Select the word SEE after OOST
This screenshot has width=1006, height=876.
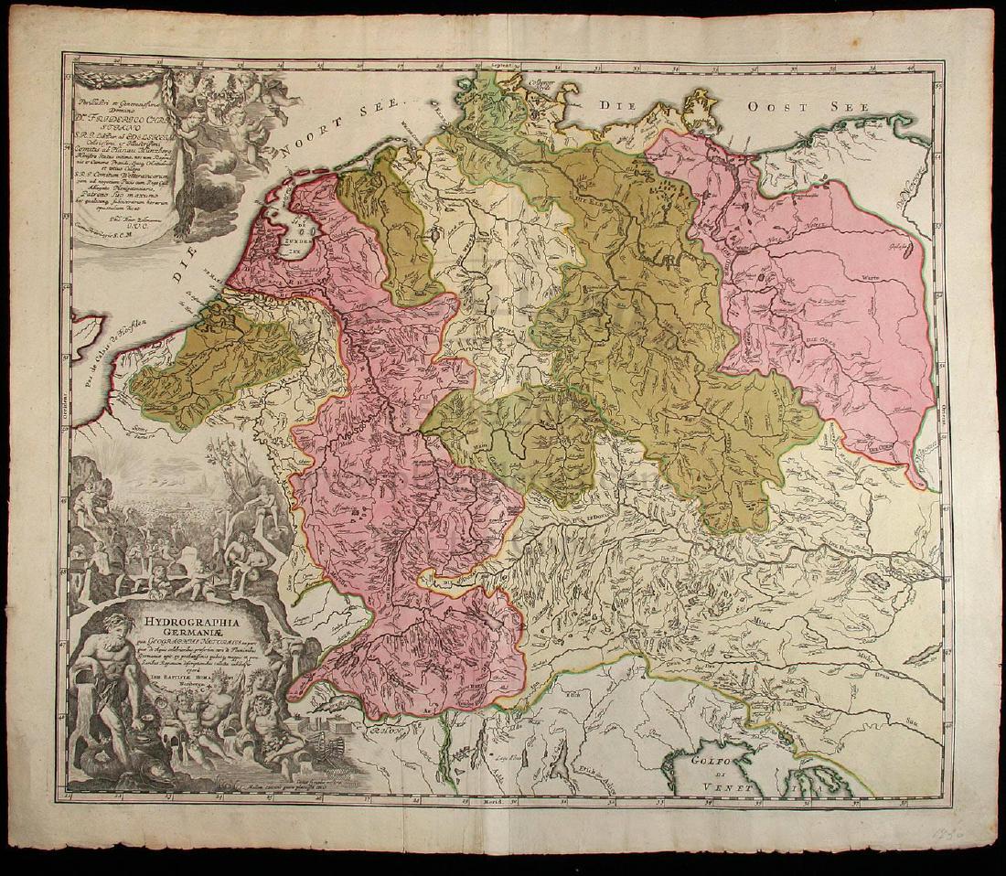[845, 107]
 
